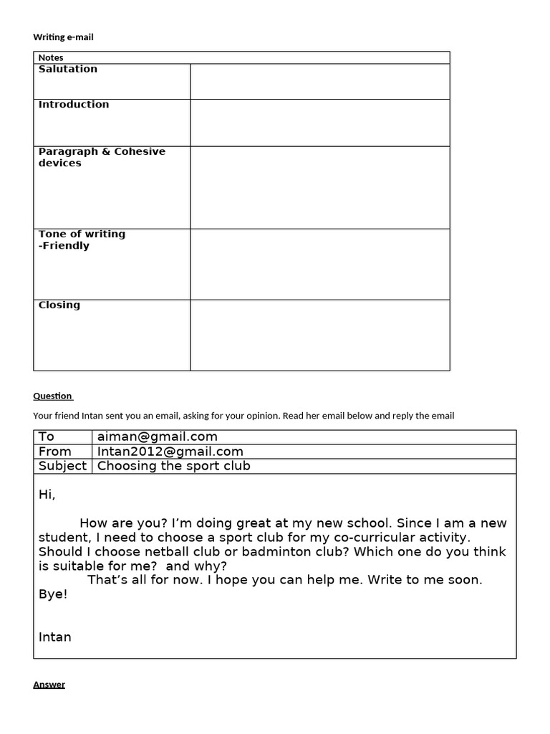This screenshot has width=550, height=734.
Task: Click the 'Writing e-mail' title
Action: click(x=63, y=37)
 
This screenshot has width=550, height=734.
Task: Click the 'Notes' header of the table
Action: click(x=51, y=57)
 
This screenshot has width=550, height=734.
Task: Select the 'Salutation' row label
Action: click(x=68, y=69)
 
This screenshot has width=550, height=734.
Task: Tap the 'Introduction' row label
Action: click(x=74, y=105)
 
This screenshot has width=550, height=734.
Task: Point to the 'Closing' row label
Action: click(x=59, y=305)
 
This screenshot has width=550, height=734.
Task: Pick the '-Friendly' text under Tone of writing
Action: click(x=64, y=246)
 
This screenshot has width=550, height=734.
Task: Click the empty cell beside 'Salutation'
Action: click(x=319, y=81)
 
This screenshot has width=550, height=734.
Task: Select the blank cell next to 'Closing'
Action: click(x=319, y=335)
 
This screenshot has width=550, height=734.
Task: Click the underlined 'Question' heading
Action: click(x=52, y=396)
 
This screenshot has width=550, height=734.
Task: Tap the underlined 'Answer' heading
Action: click(x=49, y=685)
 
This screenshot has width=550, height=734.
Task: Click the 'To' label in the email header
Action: click(x=47, y=437)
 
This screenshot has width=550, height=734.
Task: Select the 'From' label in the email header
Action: click(x=55, y=452)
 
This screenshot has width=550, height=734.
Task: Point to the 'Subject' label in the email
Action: click(x=62, y=466)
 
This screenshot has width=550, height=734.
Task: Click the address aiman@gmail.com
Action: click(x=158, y=437)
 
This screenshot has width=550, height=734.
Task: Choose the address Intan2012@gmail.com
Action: click(x=170, y=452)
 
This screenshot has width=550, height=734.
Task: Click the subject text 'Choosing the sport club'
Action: click(x=174, y=466)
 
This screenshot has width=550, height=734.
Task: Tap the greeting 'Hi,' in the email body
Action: click(x=47, y=495)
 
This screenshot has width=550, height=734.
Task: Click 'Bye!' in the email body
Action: click(x=53, y=594)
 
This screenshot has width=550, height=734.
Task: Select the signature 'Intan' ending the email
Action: click(x=55, y=637)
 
